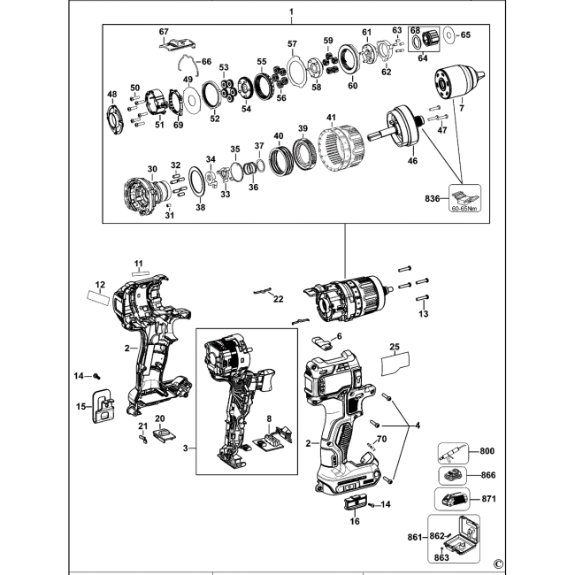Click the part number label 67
click(x=164, y=32)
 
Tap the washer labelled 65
click(x=448, y=35)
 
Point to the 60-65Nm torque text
click(x=464, y=209)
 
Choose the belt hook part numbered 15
click(x=103, y=405)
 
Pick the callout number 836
click(x=432, y=199)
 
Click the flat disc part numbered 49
click(x=191, y=100)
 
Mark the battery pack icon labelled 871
click(x=452, y=500)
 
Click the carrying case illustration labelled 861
click(x=454, y=539)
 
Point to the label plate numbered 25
click(x=395, y=364)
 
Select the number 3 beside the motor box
click(x=185, y=448)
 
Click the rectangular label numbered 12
click(x=98, y=296)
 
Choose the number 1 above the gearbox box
click(x=291, y=11)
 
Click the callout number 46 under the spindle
click(x=412, y=160)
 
